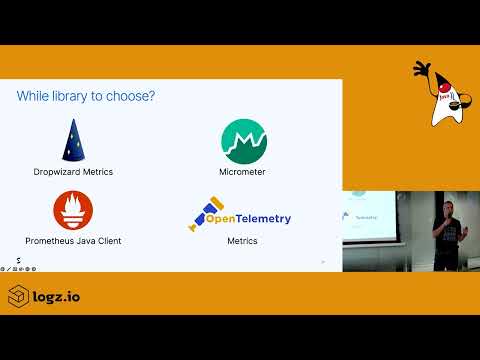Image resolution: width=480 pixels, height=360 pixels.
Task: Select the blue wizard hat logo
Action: (73, 140)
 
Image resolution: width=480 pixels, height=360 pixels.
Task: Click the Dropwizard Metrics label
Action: (73, 172)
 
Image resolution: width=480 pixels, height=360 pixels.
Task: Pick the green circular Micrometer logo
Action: (243, 140)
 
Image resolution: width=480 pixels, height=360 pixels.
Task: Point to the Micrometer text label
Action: (243, 172)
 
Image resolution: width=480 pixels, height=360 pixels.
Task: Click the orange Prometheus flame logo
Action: (73, 211)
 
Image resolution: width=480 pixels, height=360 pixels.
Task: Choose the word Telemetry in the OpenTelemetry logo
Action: (264, 215)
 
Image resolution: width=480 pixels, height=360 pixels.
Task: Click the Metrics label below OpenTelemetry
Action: (243, 241)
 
